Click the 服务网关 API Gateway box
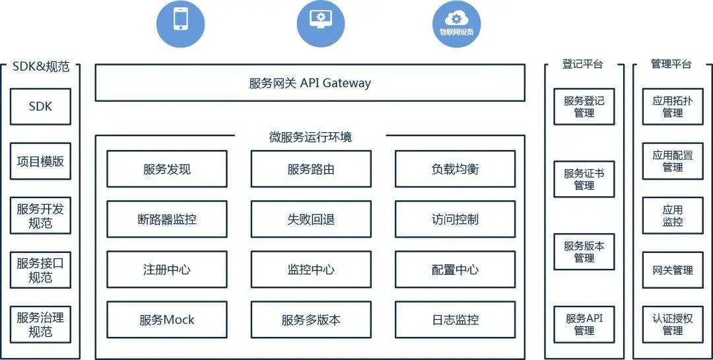click(x=310, y=83)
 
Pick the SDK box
click(x=40, y=106)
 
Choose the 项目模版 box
click(x=40, y=161)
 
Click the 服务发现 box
click(x=167, y=169)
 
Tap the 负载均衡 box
click(x=455, y=169)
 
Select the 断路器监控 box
click(x=167, y=219)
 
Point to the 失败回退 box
click(x=311, y=219)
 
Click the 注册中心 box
click(x=167, y=270)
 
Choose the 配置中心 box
click(x=455, y=270)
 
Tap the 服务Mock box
click(x=167, y=320)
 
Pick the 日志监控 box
click(x=455, y=320)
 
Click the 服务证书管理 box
click(x=584, y=179)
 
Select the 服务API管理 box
click(x=584, y=324)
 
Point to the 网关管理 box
click(x=673, y=270)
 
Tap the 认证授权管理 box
click(x=673, y=324)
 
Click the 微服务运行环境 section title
click(x=310, y=137)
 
